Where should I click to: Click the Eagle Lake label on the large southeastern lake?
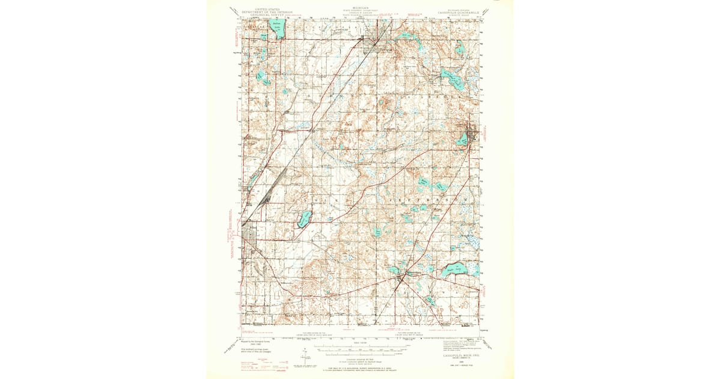460,270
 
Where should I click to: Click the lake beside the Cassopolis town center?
462,140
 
